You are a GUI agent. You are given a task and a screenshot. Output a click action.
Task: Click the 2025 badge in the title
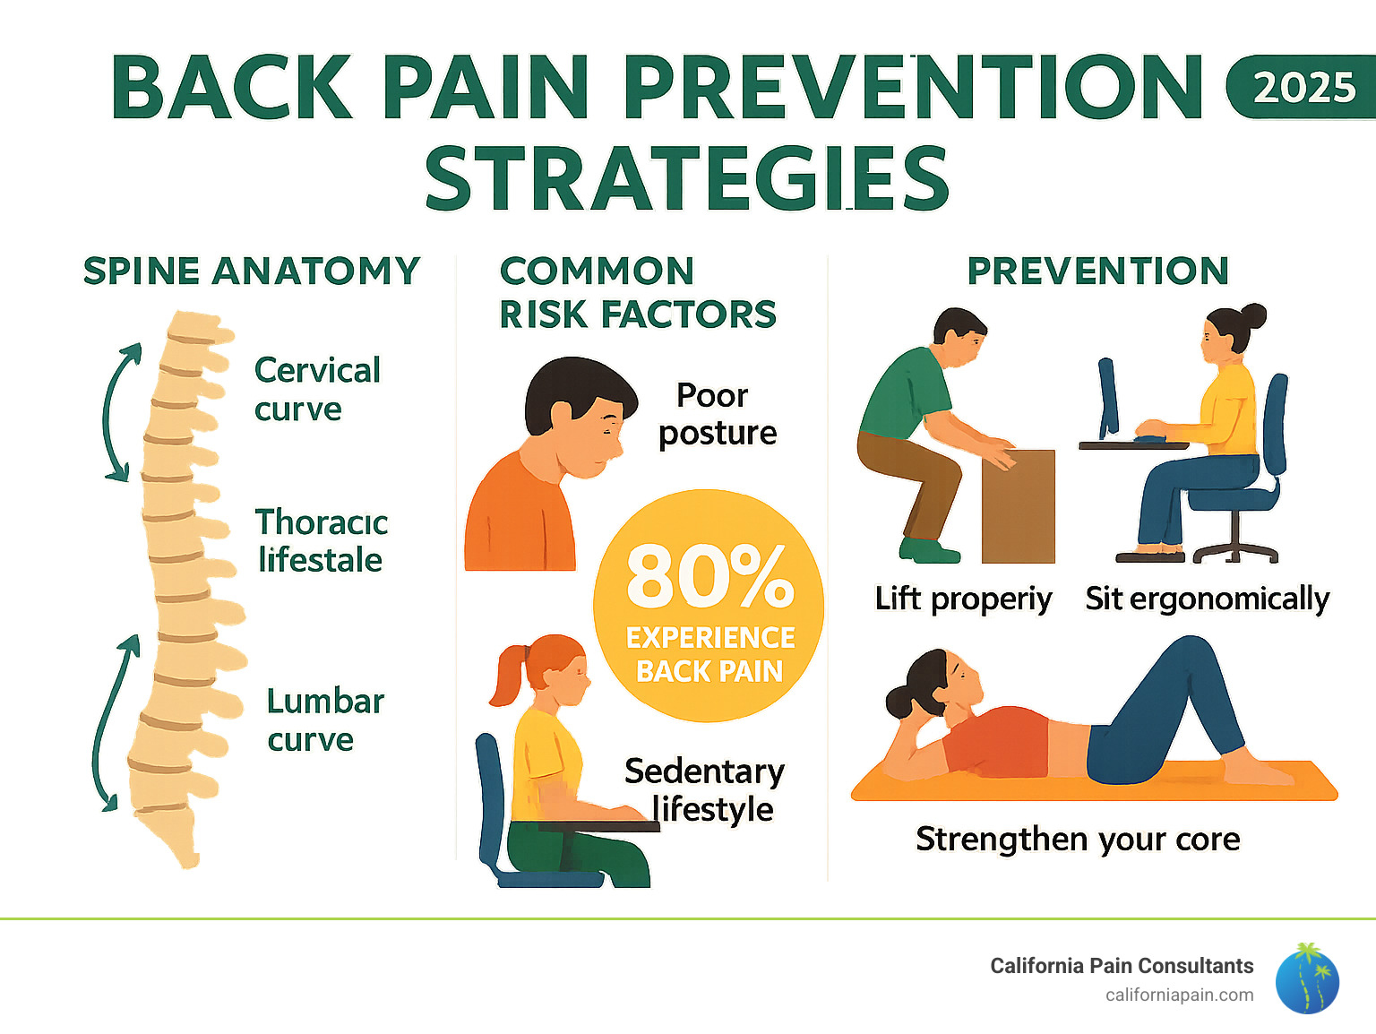point(1302,88)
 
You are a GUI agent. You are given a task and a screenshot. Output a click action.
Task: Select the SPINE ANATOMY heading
point(252,271)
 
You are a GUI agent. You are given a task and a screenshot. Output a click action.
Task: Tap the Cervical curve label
point(317,389)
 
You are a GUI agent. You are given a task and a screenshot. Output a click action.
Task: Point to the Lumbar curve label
point(324,719)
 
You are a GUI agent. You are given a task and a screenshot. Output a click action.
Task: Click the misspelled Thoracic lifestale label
point(322,540)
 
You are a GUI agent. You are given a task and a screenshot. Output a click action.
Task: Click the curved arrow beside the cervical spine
point(116,412)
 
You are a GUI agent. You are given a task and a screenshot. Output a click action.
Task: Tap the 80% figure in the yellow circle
point(709,575)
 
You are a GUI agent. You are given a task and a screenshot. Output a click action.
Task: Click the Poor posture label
point(717,414)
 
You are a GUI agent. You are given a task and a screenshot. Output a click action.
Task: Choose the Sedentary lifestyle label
point(704,789)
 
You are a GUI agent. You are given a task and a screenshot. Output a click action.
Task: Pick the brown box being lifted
point(1019,506)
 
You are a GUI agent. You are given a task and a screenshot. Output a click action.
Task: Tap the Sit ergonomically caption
point(1207,599)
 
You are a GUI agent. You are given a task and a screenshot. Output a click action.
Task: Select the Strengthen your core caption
point(1078,839)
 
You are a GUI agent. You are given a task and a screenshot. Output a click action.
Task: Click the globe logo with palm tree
point(1307,979)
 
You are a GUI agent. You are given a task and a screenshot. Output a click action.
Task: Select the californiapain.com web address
point(1179,995)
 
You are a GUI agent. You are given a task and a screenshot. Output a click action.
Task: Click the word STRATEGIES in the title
point(686,179)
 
